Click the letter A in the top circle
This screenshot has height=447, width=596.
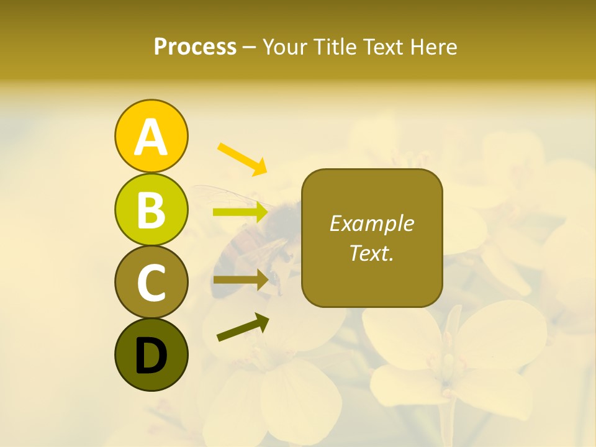[x=151, y=137]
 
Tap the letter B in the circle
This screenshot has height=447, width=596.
[x=151, y=210]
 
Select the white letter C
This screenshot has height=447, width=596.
[x=151, y=282]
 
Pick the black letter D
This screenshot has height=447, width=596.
[x=151, y=355]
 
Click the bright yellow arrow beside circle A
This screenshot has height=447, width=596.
[x=242, y=158]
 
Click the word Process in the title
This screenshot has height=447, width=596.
[x=195, y=47]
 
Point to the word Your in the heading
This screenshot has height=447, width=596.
[x=284, y=47]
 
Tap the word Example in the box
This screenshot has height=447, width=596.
[x=371, y=223]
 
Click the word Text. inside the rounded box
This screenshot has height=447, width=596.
[x=371, y=253]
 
